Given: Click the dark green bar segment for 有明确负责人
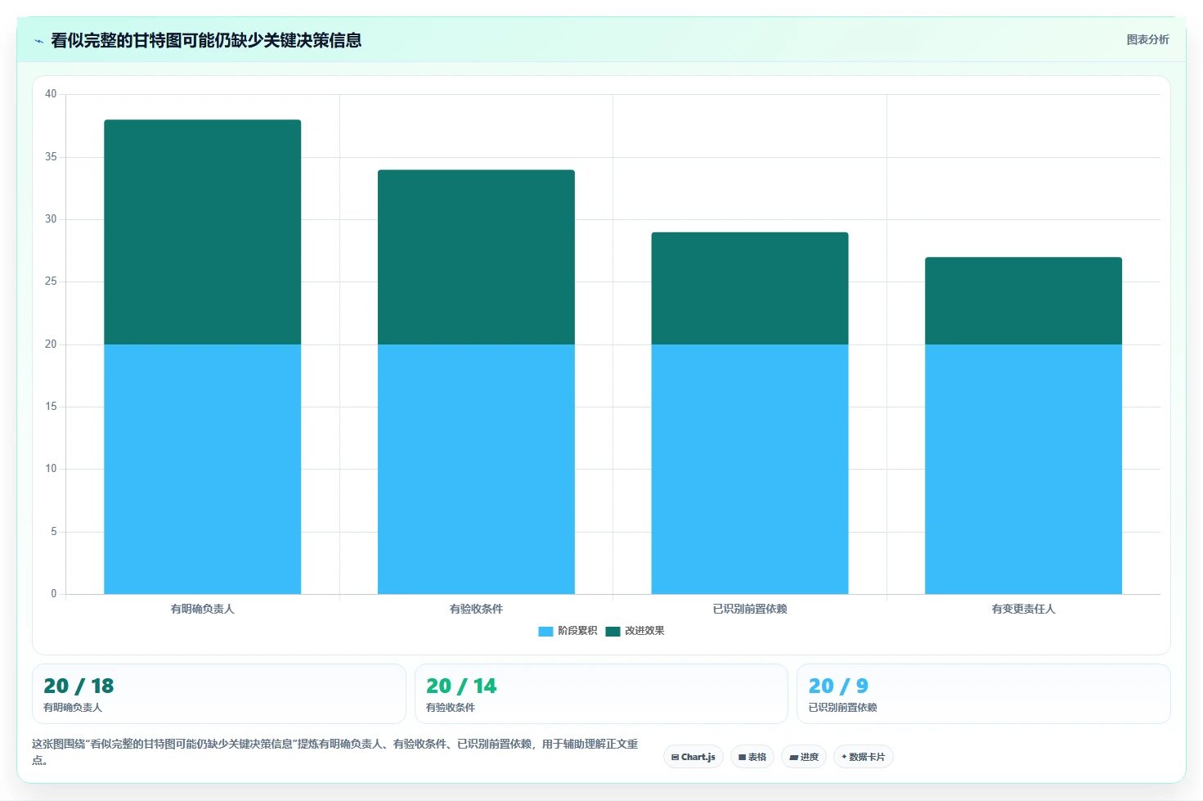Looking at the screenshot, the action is coord(203,232).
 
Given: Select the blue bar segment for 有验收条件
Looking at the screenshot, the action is coord(476,469).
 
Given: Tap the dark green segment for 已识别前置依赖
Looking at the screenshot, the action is coord(750,289).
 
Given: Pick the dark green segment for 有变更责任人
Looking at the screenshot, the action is coord(1024,301).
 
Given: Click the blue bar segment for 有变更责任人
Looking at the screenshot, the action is coord(1024,469).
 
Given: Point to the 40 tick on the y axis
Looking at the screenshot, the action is coord(51,94).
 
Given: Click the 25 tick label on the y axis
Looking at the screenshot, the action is coord(51,281).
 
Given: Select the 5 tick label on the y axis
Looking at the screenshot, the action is coord(54,532).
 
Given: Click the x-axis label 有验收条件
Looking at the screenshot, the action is coord(476,609).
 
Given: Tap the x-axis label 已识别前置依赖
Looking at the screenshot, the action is coord(750,609).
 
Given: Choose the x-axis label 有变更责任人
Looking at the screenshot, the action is coord(1024,609).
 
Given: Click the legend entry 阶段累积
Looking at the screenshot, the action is coord(568,631).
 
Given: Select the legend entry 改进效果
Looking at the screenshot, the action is coord(635,631).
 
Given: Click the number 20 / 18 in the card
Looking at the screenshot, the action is coord(79,686).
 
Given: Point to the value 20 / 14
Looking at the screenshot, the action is coord(461,686).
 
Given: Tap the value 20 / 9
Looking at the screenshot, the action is coord(838,686).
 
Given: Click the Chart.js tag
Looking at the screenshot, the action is coord(694,757).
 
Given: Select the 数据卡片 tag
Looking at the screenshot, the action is coord(863,757).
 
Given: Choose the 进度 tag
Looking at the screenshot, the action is coord(804,757).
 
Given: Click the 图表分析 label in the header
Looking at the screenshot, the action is coord(1147,40).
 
